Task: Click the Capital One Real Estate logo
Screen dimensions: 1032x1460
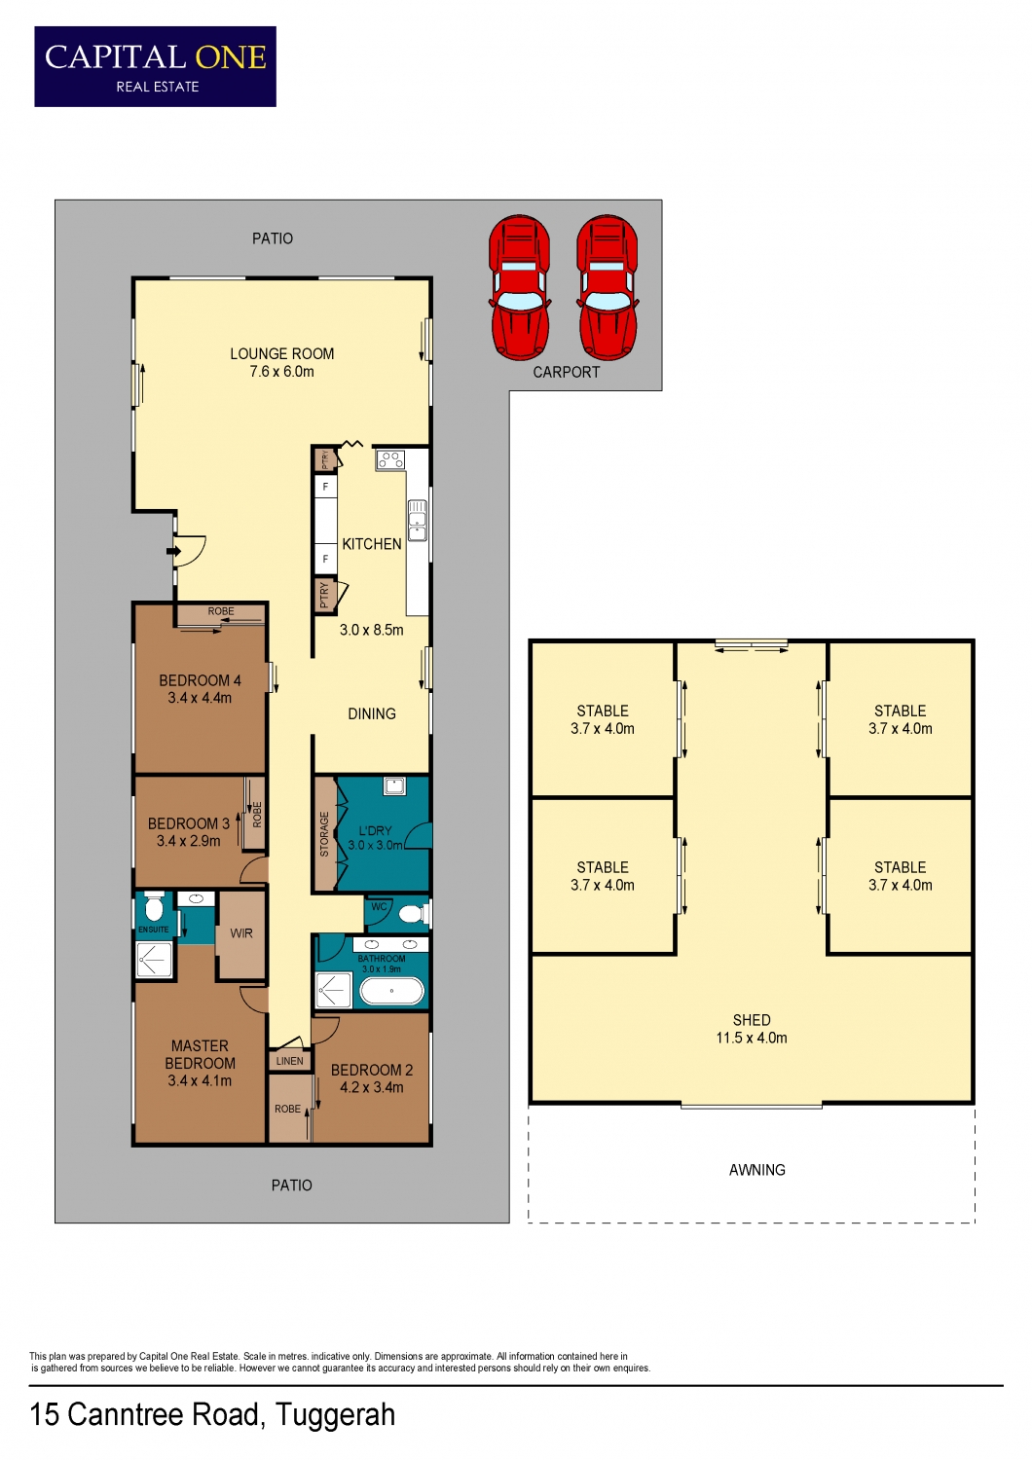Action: (155, 66)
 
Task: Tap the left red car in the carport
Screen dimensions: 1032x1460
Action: (520, 287)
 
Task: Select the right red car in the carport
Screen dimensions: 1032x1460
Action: (607, 287)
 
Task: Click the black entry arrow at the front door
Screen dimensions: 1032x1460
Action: (173, 552)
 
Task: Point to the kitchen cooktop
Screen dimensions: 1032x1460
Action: (389, 460)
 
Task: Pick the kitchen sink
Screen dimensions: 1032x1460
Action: (418, 521)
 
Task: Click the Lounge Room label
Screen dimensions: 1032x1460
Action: (281, 362)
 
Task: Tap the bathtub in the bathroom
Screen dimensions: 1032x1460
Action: (391, 991)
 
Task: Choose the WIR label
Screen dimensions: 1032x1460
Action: (241, 933)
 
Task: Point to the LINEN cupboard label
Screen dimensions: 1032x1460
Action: (289, 1061)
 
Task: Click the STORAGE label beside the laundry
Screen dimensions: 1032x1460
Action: (324, 834)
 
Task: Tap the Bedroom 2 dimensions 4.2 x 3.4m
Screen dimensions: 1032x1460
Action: (372, 1087)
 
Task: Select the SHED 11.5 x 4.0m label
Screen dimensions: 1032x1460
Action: (752, 1029)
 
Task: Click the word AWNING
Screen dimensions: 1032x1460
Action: (756, 1170)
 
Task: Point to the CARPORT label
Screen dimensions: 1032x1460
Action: (566, 372)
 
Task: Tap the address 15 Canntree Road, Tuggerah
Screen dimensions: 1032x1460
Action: (212, 1415)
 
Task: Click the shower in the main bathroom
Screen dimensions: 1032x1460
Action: (333, 990)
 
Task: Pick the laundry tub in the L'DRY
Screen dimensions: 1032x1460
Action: (393, 785)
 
